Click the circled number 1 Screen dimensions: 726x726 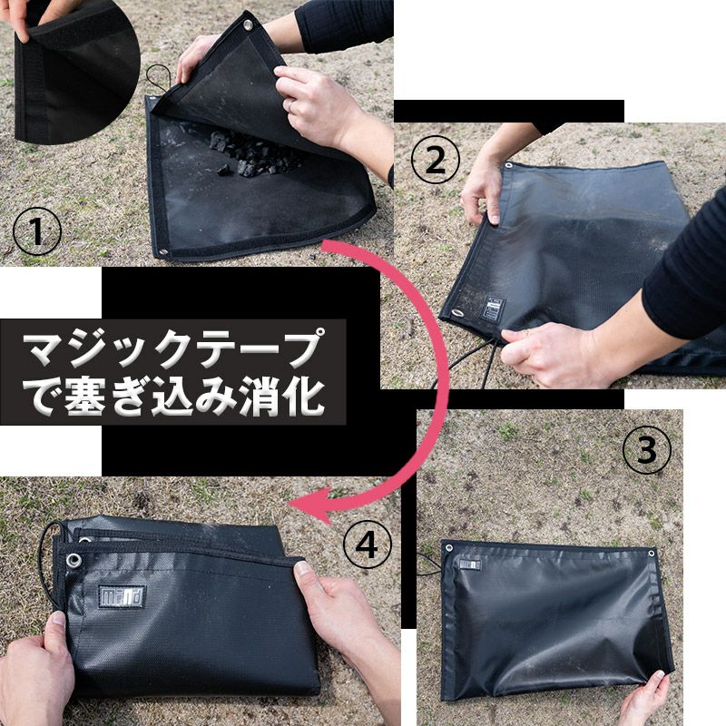[36, 231]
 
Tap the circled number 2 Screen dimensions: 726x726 [436, 161]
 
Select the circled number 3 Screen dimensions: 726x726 [646, 449]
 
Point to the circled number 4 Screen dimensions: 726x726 [367, 547]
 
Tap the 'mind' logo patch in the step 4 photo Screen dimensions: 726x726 [122, 596]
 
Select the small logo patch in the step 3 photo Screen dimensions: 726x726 [470, 564]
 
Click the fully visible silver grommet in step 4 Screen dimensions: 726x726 [74, 561]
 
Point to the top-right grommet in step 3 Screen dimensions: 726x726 [651, 553]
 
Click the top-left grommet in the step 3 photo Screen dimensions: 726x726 [448, 549]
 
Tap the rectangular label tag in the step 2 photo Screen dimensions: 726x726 [493, 309]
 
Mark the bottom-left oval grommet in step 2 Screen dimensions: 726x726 [457, 313]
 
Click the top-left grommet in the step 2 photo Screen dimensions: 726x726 [508, 166]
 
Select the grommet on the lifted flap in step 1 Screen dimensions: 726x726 [248, 25]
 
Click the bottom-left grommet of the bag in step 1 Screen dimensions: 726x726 [163, 253]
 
